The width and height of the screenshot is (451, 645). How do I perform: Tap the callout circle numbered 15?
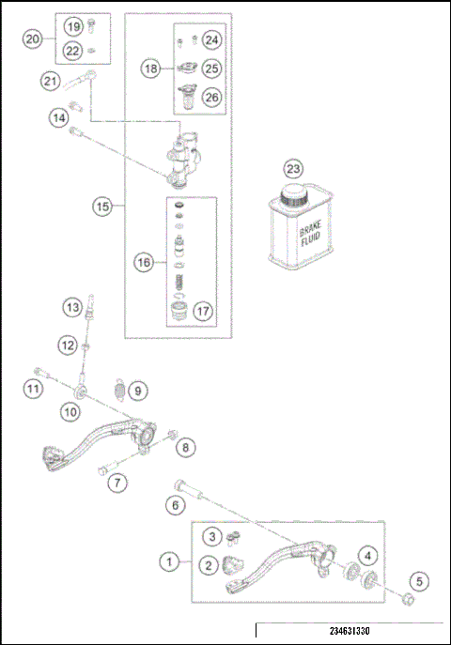tap(101, 206)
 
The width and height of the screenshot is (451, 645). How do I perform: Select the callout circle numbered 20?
tap(33, 39)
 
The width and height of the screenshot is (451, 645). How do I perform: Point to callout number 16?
tap(144, 264)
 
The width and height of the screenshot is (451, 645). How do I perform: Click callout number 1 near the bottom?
tap(169, 562)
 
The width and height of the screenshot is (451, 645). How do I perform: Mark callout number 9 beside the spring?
tap(136, 389)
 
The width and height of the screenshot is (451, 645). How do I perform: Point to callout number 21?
tap(50, 82)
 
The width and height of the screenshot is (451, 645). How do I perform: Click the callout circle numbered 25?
tap(211, 69)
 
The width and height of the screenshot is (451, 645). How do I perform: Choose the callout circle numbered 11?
tap(33, 389)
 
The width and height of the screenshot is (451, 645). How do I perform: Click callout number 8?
tap(186, 448)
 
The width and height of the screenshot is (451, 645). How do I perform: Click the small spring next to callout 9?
tap(118, 386)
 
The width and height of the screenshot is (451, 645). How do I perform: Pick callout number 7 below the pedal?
tap(117, 484)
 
